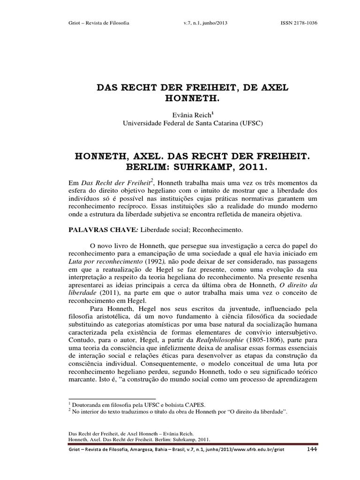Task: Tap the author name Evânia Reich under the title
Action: coord(179,114)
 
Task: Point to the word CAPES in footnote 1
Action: coord(194,404)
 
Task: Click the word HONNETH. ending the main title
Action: coord(180,99)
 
